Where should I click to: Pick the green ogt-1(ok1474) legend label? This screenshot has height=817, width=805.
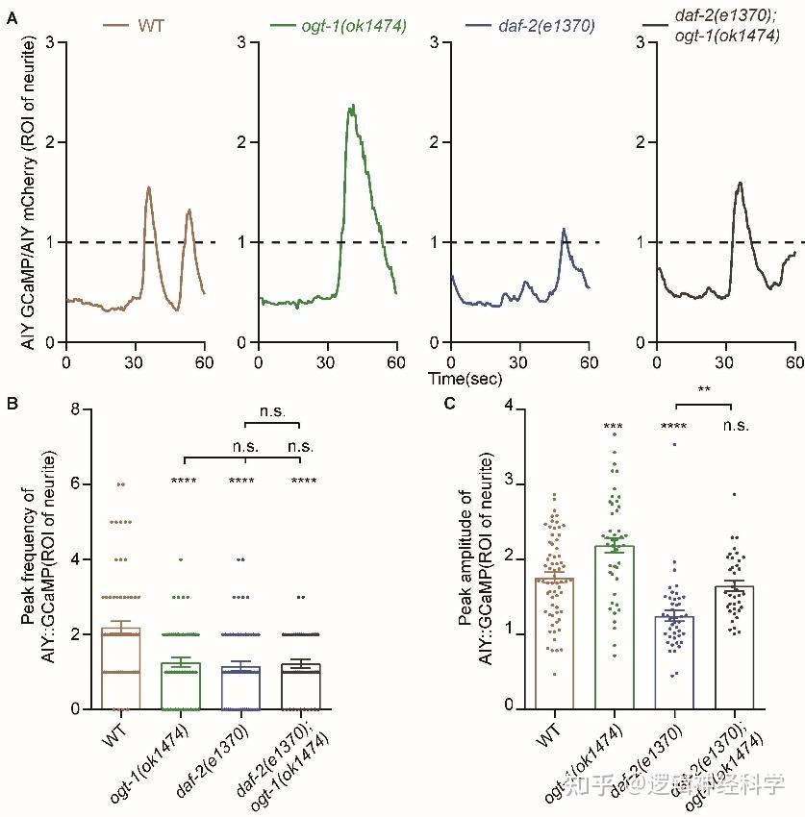pyautogui.click(x=341, y=25)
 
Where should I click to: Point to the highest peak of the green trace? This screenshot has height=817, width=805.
pyautogui.click(x=353, y=106)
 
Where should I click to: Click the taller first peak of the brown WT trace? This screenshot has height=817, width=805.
pyautogui.click(x=149, y=187)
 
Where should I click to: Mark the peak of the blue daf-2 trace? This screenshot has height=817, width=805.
pyautogui.click(x=565, y=229)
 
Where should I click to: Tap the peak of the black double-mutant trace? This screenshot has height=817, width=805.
pyautogui.click(x=740, y=183)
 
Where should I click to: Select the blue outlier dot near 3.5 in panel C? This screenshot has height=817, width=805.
pyautogui.click(x=676, y=444)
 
